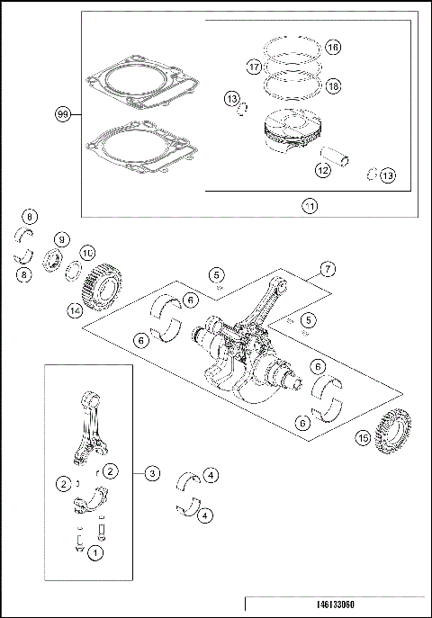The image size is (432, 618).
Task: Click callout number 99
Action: pos(63,114)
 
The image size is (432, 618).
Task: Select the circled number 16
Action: pos(332,47)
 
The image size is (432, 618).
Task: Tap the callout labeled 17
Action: pos(254,67)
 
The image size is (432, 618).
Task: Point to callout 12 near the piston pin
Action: pos(321,168)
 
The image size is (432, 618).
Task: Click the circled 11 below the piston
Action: pos(309,205)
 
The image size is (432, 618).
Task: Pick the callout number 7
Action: pos(328,269)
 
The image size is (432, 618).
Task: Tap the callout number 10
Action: pos(87,254)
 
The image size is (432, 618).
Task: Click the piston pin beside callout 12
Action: pos(343,159)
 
